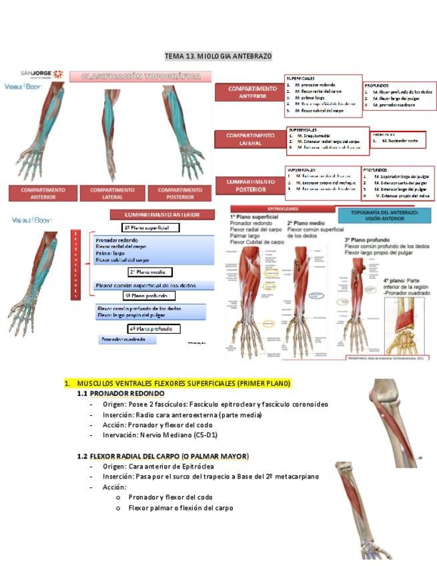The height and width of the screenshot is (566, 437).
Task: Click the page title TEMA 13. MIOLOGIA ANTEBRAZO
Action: [x=218, y=57]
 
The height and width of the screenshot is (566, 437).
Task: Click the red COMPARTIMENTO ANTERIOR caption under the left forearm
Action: [x=43, y=193]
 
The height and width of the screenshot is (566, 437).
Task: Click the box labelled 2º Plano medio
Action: [x=150, y=272]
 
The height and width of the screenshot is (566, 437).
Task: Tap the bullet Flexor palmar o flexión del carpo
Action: [x=180, y=507]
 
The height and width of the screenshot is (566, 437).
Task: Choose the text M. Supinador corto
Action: [x=400, y=141]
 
